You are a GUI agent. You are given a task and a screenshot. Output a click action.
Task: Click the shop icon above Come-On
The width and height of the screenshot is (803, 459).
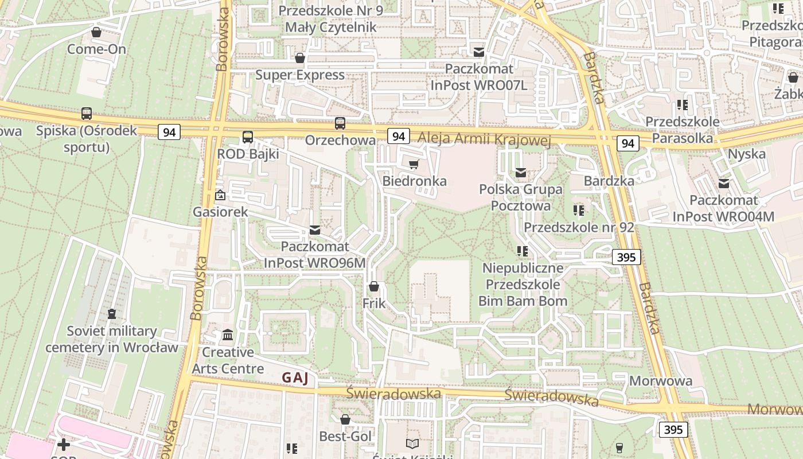pyautogui.click(x=96, y=32)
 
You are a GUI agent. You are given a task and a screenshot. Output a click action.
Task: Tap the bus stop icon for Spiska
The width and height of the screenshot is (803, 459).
pyautogui.click(x=87, y=114)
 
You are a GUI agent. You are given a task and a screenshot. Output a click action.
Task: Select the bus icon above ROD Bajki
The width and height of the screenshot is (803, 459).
pyautogui.click(x=248, y=137)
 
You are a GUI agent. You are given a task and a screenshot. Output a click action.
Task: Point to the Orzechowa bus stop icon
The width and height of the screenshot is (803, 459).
pyautogui.click(x=340, y=123)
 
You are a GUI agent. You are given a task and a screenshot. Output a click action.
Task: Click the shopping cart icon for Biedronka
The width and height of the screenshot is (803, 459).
pyautogui.click(x=414, y=165)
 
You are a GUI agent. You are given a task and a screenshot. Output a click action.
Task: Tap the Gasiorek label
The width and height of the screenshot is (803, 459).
pyautogui.click(x=220, y=212)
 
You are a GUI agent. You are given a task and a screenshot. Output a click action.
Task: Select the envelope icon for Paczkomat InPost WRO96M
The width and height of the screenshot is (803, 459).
pyautogui.click(x=315, y=230)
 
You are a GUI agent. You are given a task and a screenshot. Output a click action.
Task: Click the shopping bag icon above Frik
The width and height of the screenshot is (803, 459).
pyautogui.click(x=374, y=286)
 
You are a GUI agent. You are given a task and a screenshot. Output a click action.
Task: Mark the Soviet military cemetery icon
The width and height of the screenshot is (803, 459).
pyautogui.click(x=112, y=314)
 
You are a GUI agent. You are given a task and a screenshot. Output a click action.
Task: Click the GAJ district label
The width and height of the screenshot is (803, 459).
pyautogui.click(x=295, y=378)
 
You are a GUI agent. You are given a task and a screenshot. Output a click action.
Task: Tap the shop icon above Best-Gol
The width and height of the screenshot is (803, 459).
pyautogui.click(x=345, y=420)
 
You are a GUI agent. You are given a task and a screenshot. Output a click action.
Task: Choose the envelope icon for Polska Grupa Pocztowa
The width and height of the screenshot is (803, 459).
pyautogui.click(x=521, y=172)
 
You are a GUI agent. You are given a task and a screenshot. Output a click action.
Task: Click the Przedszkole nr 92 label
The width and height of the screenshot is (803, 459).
pyautogui.click(x=579, y=227)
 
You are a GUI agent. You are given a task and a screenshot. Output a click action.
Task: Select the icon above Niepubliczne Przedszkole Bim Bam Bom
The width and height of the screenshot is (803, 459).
pyautogui.click(x=522, y=251)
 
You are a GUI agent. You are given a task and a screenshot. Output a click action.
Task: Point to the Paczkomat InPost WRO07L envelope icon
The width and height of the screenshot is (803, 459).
pyautogui.click(x=479, y=52)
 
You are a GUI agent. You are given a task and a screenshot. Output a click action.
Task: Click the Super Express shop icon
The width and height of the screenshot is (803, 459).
pyautogui.click(x=299, y=58)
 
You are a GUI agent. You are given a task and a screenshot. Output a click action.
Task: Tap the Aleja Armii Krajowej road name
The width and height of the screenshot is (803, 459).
pyautogui.click(x=484, y=139)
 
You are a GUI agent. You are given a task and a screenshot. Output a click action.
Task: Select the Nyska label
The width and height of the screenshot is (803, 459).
pyautogui.click(x=746, y=154)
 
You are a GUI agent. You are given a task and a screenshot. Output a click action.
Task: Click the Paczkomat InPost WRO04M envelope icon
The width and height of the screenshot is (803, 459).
pyautogui.click(x=724, y=184)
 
